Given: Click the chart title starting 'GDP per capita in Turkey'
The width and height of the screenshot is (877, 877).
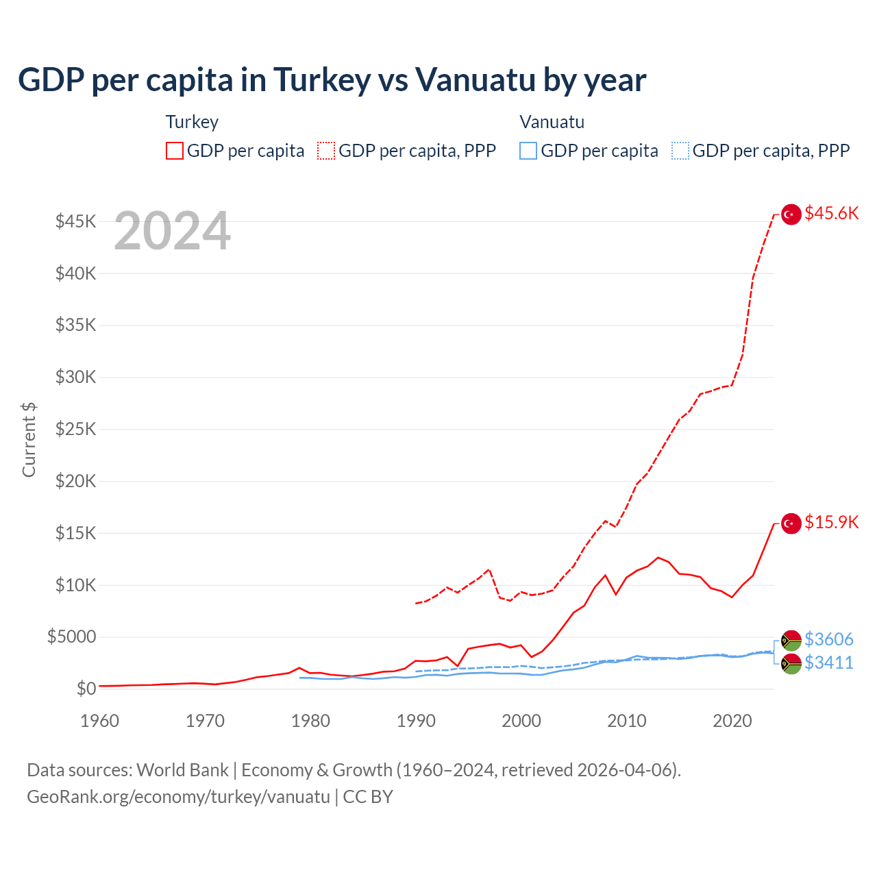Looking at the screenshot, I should [x=332, y=80].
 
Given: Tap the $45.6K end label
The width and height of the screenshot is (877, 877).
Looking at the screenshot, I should [x=831, y=213].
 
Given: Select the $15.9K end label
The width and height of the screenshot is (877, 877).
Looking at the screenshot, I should [x=831, y=522].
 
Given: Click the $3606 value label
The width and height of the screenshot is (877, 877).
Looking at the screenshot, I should [x=828, y=639].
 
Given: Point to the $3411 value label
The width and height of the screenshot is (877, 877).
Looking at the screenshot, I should [x=828, y=663].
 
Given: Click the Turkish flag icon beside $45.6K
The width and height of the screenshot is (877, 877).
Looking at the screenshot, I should [x=791, y=214].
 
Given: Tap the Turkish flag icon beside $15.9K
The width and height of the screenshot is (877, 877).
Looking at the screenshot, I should [x=791, y=523].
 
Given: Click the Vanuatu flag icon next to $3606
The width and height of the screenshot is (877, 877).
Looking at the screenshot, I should [x=791, y=641].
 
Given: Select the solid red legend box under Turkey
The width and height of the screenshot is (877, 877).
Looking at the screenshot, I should [x=175, y=151].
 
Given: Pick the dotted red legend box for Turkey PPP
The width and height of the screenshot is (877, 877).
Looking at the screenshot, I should [x=326, y=151].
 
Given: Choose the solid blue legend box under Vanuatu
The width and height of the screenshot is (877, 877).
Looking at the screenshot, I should [x=528, y=151].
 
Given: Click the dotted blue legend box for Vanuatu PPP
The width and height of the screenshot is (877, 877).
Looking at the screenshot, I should [x=680, y=151].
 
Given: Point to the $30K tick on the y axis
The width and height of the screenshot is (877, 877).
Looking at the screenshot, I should [x=76, y=377].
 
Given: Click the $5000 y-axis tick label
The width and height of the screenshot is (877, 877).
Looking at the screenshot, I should [x=71, y=637].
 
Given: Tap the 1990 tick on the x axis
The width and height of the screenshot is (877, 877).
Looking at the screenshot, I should [x=416, y=721].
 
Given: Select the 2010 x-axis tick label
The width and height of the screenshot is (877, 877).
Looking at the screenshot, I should [x=627, y=721].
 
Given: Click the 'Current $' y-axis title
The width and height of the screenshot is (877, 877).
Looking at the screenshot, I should [x=29, y=440].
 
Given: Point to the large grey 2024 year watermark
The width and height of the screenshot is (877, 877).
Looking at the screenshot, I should [x=172, y=232].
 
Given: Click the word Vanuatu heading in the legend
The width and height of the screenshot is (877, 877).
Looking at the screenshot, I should [x=552, y=122].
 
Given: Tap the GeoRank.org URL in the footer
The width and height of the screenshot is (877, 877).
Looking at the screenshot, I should [x=178, y=797].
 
